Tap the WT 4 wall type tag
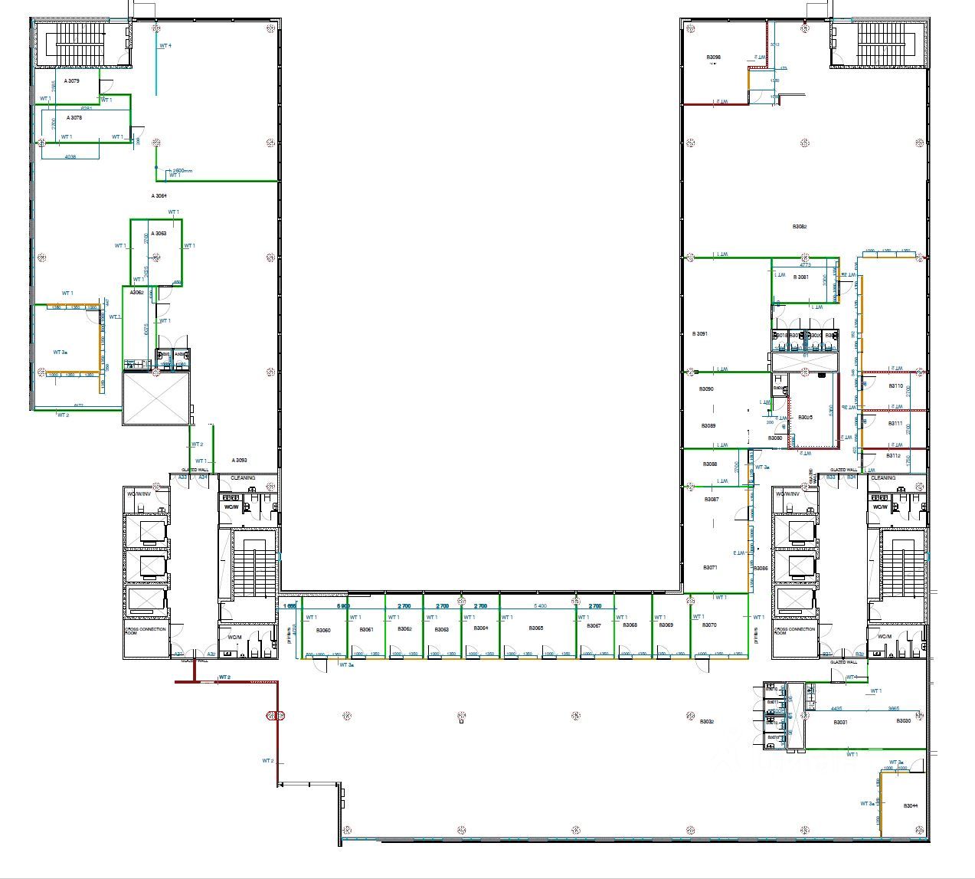click(x=165, y=46)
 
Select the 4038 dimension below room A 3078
click(x=70, y=156)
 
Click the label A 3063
click(x=158, y=233)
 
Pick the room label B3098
click(x=713, y=57)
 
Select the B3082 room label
click(x=799, y=227)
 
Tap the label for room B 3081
click(x=801, y=277)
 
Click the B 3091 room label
click(x=699, y=334)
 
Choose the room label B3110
click(x=895, y=386)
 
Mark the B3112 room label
click(x=893, y=455)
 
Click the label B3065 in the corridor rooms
click(x=535, y=628)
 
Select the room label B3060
click(x=323, y=630)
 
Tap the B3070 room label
click(x=709, y=625)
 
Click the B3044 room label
click(x=910, y=805)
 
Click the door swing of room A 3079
click(x=106, y=85)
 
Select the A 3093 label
click(x=239, y=460)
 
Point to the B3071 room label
click(x=710, y=567)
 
